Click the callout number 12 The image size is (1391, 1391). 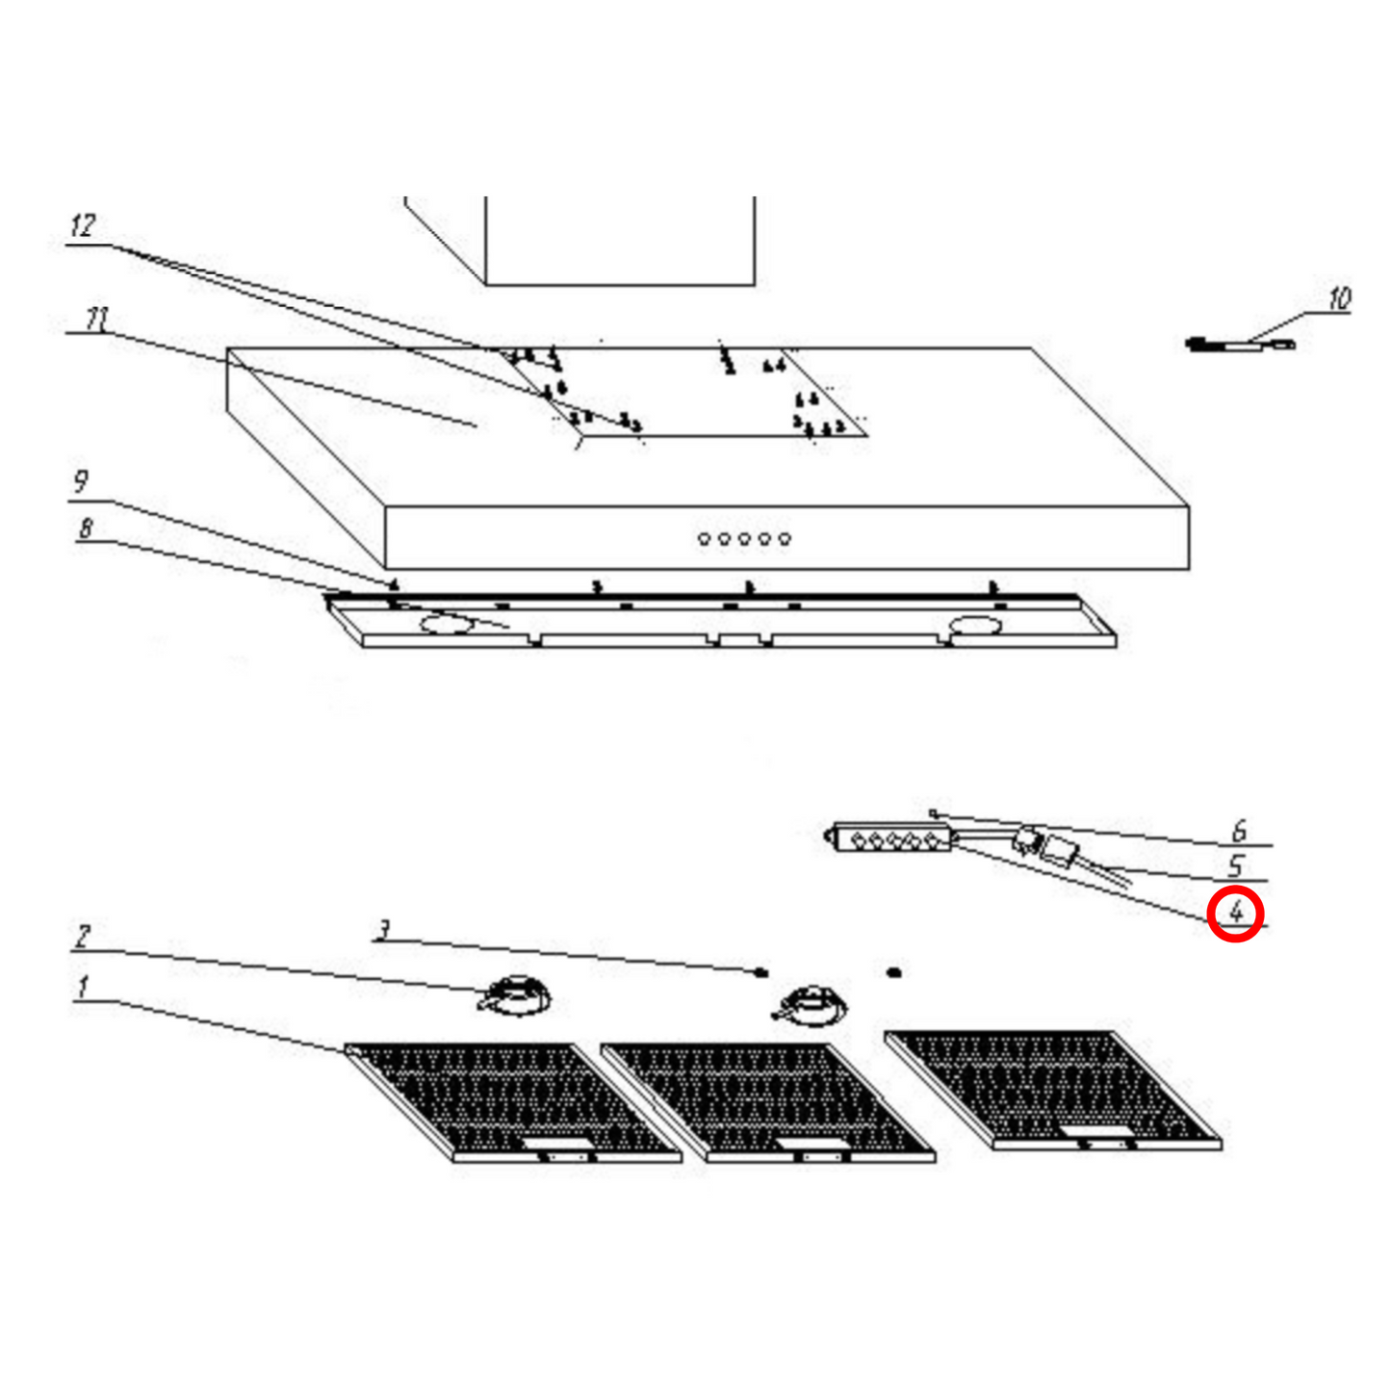click(83, 226)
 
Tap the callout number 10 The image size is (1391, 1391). click(1339, 299)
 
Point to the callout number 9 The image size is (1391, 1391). click(81, 481)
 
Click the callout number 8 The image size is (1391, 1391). click(86, 528)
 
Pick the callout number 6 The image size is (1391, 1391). click(1240, 830)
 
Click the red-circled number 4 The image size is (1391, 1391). click(1236, 913)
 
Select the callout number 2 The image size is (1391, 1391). click(83, 936)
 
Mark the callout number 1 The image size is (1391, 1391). click(83, 986)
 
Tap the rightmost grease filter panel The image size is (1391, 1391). click(1054, 1088)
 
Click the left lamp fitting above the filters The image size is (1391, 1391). click(515, 994)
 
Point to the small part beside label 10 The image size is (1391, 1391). click(1240, 345)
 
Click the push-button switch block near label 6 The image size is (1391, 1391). click(892, 839)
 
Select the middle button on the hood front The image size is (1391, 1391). click(744, 539)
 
